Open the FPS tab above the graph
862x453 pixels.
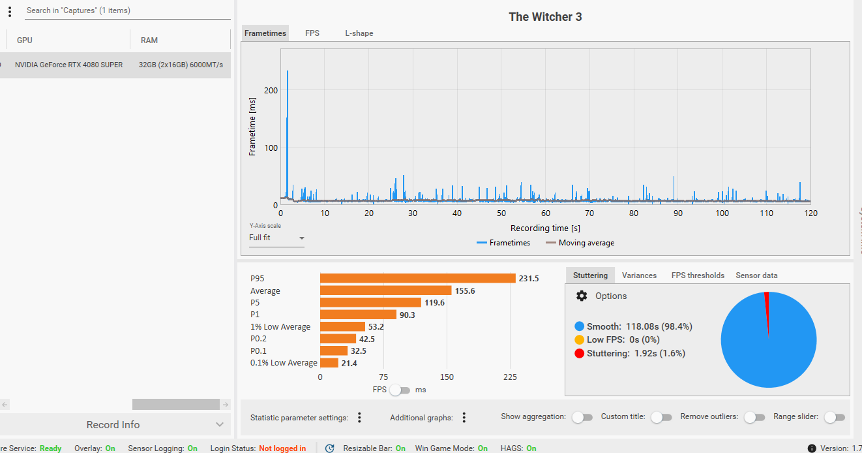tap(312, 33)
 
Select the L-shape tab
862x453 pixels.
tap(359, 33)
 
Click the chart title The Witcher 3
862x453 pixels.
tap(545, 17)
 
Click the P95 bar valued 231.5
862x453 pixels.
tap(417, 278)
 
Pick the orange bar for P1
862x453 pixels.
tap(358, 315)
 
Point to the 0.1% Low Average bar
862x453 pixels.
tap(329, 363)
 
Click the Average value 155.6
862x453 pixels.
tap(465, 290)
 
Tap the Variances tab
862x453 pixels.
tap(639, 275)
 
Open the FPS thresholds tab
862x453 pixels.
tap(698, 275)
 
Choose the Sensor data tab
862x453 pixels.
tap(756, 275)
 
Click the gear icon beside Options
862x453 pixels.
tap(582, 296)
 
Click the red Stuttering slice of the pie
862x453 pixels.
tap(767, 307)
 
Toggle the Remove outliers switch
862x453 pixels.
tap(754, 417)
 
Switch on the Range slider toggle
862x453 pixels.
tap(835, 417)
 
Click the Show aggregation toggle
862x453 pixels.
tap(582, 417)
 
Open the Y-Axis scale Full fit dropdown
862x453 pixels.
tap(276, 238)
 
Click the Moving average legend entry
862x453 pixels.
tap(580, 243)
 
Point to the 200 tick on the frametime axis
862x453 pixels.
tap(271, 90)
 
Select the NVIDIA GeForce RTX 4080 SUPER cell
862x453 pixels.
tap(68, 65)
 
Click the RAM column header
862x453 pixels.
tap(149, 40)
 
